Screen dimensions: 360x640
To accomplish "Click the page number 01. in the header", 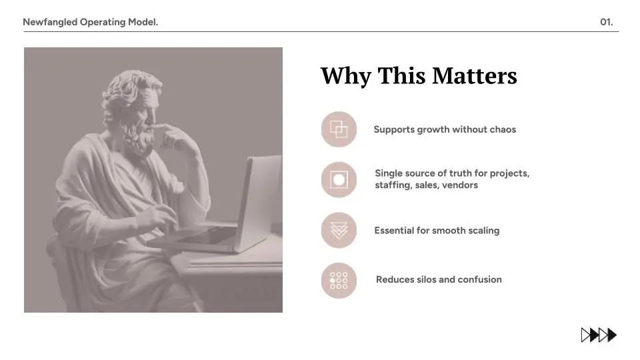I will (x=606, y=22).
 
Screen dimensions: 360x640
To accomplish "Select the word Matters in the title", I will (x=474, y=75).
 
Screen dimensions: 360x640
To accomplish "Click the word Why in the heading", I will (x=345, y=75).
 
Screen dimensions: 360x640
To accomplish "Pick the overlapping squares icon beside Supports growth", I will (x=339, y=129).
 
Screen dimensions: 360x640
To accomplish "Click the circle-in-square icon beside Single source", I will (x=339, y=179).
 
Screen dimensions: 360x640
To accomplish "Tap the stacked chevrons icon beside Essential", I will (x=339, y=230).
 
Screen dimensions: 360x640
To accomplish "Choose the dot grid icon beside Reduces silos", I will (x=339, y=280).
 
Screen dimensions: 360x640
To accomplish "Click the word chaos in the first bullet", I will (x=503, y=129).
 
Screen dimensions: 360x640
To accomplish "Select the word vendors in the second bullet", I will (x=460, y=185).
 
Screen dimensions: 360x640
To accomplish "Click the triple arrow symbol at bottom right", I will (x=599, y=335).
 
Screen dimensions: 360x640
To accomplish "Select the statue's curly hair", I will (x=127, y=90).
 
